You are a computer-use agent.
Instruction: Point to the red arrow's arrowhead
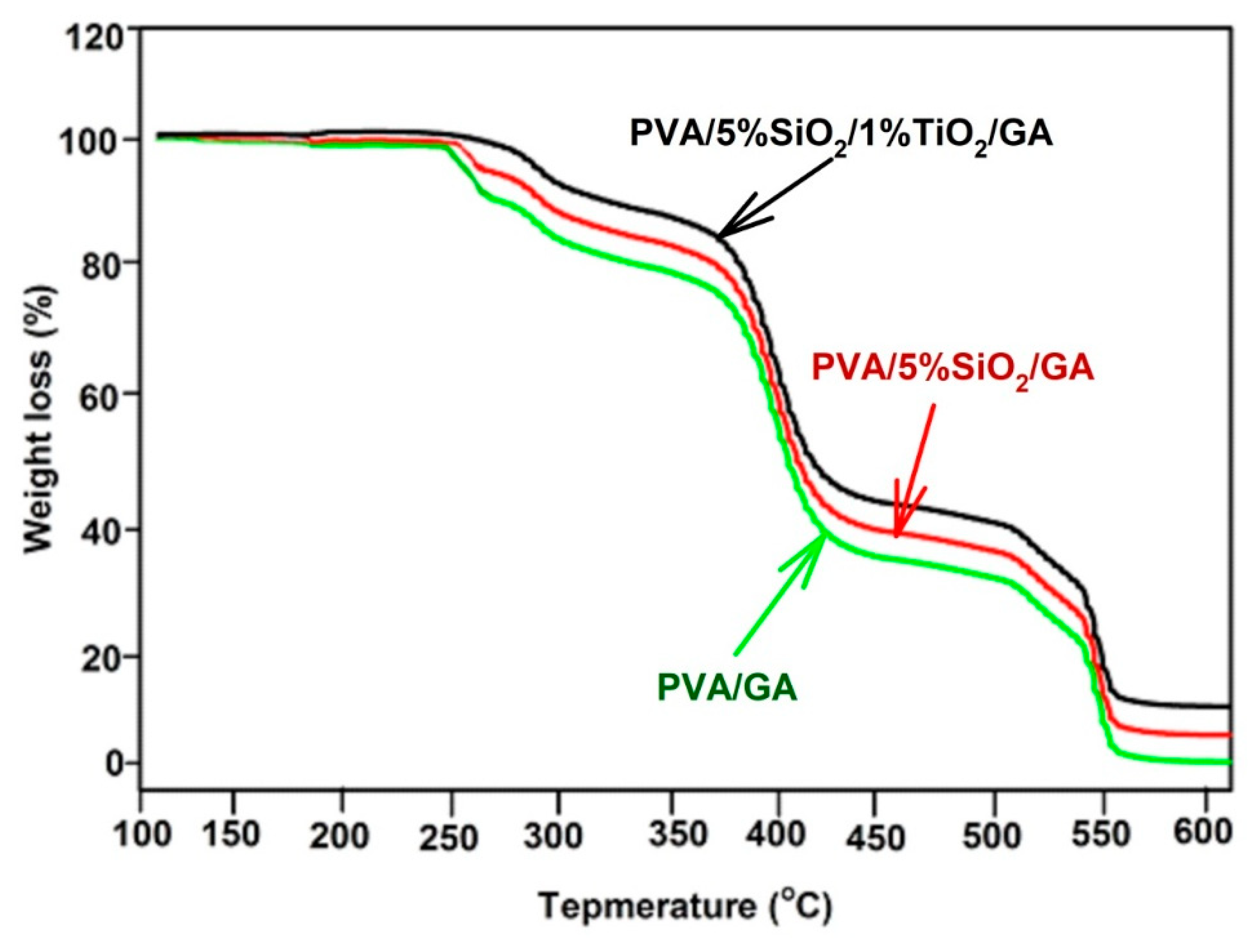[897, 535]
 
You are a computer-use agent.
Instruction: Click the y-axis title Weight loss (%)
[41, 419]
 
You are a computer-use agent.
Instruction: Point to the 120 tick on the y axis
[94, 41]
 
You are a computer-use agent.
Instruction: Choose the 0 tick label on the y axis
[113, 764]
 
